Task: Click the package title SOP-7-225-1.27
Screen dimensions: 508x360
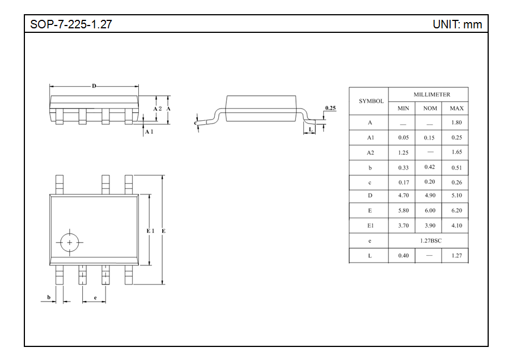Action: (71, 24)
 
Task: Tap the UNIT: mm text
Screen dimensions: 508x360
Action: (457, 24)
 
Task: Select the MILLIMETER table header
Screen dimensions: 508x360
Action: (431, 95)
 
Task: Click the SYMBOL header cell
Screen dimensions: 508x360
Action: (371, 101)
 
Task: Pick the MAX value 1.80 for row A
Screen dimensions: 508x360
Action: (456, 122)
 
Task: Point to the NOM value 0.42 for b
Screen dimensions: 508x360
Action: (430, 167)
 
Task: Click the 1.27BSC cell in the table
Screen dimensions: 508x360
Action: (430, 240)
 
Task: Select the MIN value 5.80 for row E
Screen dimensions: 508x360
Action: (403, 210)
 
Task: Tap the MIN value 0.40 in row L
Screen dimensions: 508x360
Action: (403, 255)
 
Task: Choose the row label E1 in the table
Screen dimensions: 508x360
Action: (370, 226)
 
